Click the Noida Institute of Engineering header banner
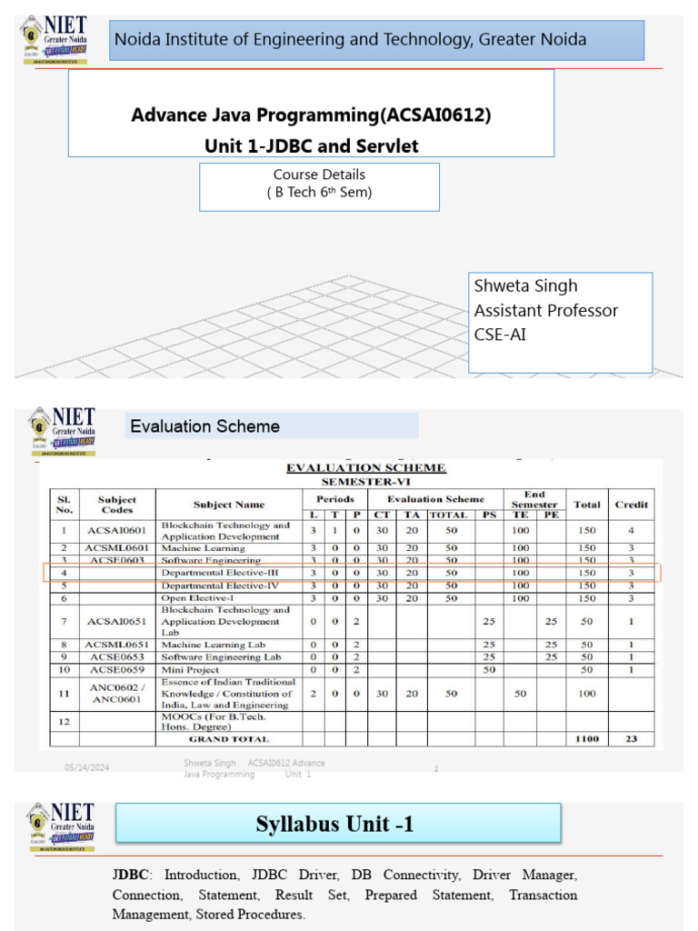tap(376, 40)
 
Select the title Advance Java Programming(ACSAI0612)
tap(312, 115)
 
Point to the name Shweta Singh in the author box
tap(514, 285)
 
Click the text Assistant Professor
tap(545, 310)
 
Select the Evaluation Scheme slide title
tap(204, 426)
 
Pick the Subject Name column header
tap(229, 504)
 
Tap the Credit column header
tap(632, 504)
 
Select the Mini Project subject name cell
tap(190, 669)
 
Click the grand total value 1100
tap(587, 739)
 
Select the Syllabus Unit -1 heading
tap(334, 825)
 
